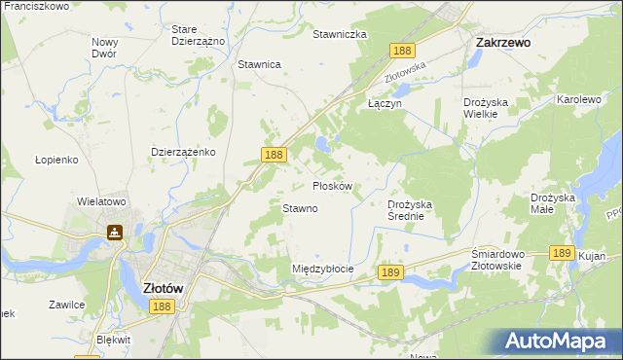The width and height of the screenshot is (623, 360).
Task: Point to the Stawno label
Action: click(300, 208)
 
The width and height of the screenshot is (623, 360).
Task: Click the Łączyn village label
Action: click(384, 102)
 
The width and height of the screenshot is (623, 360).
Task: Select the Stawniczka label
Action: click(339, 34)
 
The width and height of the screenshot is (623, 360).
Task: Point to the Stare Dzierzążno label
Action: click(198, 36)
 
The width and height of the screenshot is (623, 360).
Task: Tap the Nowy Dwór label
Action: click(104, 48)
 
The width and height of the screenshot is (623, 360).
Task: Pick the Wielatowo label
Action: click(102, 202)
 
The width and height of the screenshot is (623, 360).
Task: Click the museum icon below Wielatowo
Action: click(115, 233)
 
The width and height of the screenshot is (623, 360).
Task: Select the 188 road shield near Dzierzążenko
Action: click(274, 155)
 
